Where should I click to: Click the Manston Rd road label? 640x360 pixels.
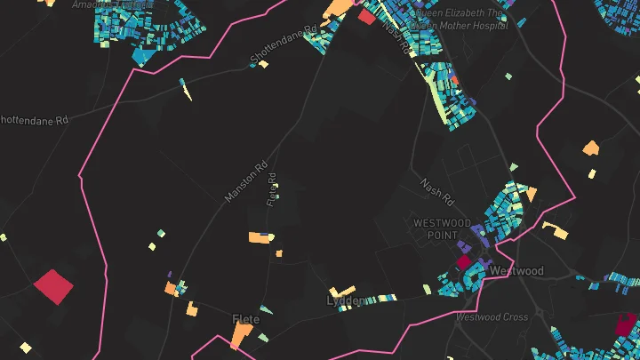coord(246,181)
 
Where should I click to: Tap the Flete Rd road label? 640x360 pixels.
coord(272,189)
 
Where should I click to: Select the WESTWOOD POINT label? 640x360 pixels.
coord(442,228)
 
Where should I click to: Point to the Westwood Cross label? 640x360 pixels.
coord(492,316)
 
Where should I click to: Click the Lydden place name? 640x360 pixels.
coord(345,301)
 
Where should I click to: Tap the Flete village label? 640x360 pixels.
coord(245,319)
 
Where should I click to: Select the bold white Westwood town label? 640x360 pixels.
coord(516,270)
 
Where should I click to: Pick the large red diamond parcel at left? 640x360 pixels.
coord(53,287)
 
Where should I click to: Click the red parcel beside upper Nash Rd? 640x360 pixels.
coord(366,16)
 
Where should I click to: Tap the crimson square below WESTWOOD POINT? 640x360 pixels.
coord(463,263)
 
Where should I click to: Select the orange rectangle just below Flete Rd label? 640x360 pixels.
coord(260,237)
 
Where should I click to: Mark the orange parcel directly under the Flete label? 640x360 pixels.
coord(241,336)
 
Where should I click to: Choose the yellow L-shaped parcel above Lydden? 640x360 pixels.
coord(342,291)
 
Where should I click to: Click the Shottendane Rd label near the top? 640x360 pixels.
coord(284,44)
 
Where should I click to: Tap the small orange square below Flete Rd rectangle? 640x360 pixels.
coord(278,253)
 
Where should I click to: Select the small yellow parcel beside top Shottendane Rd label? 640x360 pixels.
coord(264,64)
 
